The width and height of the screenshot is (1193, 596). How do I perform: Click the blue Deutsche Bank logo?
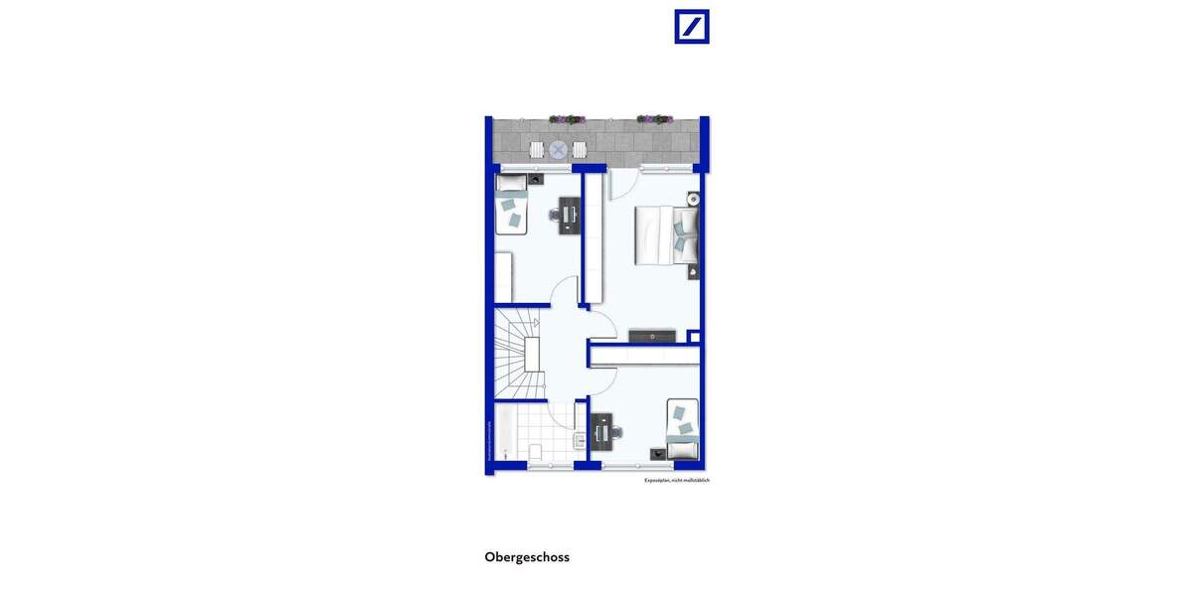coord(692,27)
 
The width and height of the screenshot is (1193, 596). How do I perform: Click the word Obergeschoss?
coord(527,557)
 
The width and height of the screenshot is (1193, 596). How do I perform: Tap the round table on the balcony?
coord(559,150)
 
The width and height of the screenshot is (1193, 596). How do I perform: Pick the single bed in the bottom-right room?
coord(682,428)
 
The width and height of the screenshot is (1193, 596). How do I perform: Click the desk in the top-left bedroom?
coord(569,215)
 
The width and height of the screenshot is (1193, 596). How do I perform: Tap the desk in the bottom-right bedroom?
coord(601,431)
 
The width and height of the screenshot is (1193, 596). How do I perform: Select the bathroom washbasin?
coord(579,439)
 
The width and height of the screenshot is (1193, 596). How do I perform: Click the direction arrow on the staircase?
coord(534,323)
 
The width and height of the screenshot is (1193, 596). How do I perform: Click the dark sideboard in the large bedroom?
coord(652,336)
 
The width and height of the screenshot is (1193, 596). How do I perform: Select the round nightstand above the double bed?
coord(693,199)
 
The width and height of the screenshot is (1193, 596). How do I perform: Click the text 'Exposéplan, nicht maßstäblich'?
coord(676,480)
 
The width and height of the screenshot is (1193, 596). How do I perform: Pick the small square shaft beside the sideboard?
coord(694,337)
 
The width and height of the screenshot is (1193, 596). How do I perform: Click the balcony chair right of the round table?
coord(580,150)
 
